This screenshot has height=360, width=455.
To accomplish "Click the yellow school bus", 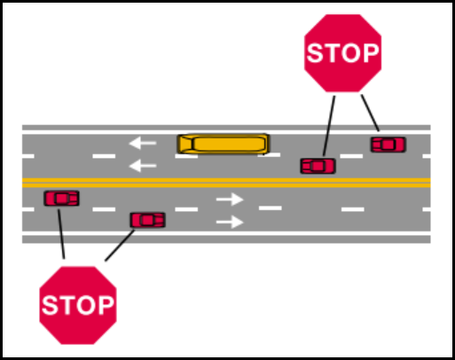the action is pos(224,144).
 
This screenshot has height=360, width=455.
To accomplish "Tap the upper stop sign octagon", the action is pos(342,53).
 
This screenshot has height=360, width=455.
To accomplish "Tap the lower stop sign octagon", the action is pos(78,305).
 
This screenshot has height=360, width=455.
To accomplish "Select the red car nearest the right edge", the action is pos(388,145).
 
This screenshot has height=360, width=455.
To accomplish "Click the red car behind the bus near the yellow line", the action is pos(318,166).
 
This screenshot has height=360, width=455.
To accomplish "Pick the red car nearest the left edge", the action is pos(61,198).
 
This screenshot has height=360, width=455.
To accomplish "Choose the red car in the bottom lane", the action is pos(147,220).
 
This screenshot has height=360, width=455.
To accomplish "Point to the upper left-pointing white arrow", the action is pos(143,143).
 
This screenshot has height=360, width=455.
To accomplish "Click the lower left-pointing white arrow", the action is pos(143,166).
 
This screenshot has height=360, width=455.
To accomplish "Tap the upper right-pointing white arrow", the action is pos(230,200).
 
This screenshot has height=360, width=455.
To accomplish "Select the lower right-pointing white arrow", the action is pos(230,222).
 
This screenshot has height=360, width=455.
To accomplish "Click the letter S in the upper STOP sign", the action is pos(315,53).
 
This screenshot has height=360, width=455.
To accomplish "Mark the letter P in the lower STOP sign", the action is pos(106,305).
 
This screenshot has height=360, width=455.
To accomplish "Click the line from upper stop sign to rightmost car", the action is pos(370,113).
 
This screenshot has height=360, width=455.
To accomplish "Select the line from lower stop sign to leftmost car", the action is pos(61,234).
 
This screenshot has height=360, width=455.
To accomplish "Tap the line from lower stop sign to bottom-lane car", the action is pos(120,246).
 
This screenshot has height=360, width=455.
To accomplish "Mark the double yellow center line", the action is pos(226,183).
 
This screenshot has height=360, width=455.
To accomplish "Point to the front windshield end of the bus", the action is pos(184,144).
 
